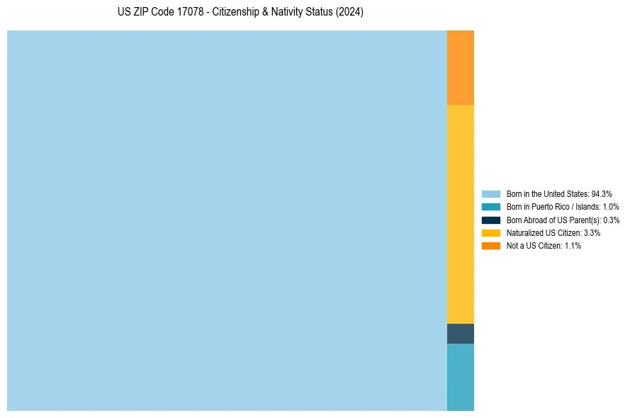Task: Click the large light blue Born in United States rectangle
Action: coord(227,220)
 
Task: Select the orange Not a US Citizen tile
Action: coord(460,67)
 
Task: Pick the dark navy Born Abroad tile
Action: coord(460,334)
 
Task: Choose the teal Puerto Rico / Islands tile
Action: coord(460,377)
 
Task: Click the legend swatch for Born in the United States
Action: coord(491,193)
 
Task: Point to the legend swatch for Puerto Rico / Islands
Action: coord(491,207)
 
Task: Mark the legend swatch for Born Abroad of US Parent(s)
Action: coord(491,220)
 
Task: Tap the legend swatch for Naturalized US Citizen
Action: coord(491,232)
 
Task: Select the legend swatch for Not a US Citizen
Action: coord(491,246)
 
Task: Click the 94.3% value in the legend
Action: coord(602,193)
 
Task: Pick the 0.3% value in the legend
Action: coord(611,220)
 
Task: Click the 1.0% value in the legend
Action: coord(611,207)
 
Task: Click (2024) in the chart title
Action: coord(350,13)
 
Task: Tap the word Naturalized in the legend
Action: coord(524,232)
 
